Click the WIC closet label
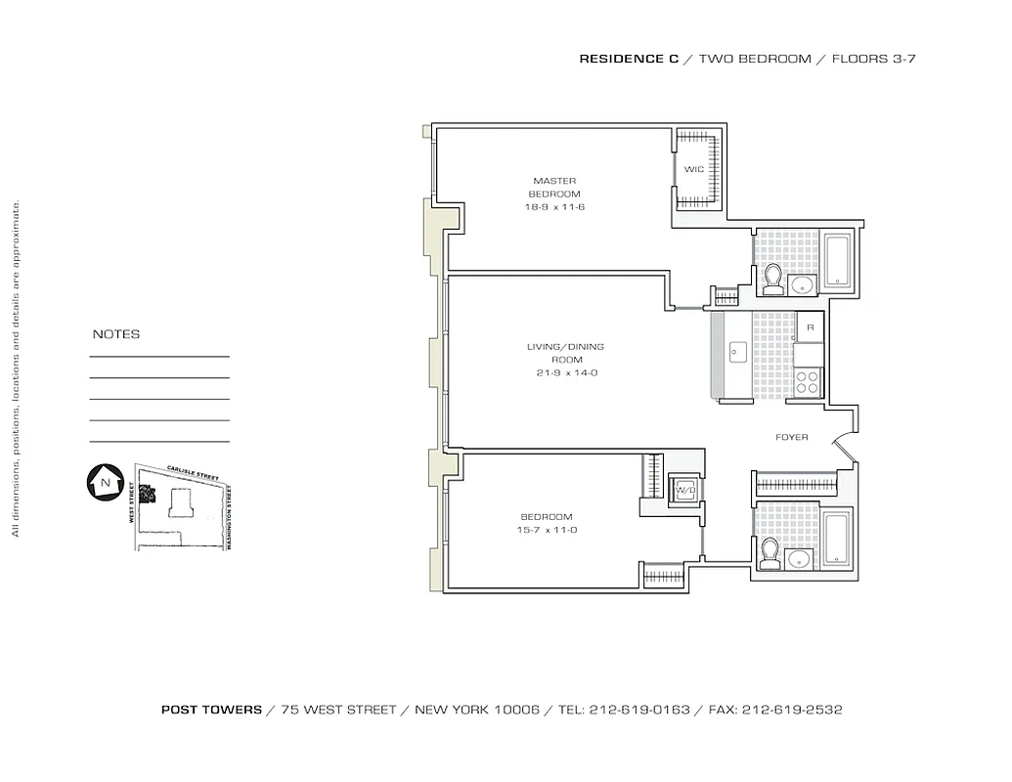pyautogui.click(x=693, y=169)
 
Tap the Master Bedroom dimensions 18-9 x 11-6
pyautogui.click(x=554, y=207)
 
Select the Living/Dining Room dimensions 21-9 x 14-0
pyautogui.click(x=565, y=373)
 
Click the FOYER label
pyautogui.click(x=791, y=437)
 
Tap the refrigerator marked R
pyautogui.click(x=810, y=327)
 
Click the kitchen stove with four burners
pyautogui.click(x=808, y=380)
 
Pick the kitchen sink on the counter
pyautogui.click(x=737, y=350)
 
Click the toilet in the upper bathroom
pyautogui.click(x=772, y=280)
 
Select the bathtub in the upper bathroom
pyautogui.click(x=838, y=260)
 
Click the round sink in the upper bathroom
pyautogui.click(x=803, y=284)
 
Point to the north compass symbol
pyautogui.click(x=103, y=482)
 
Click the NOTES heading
pyautogui.click(x=116, y=334)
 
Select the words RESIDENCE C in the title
pyautogui.click(x=629, y=59)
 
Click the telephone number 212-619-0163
pyautogui.click(x=639, y=710)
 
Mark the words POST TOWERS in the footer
pyautogui.click(x=211, y=710)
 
